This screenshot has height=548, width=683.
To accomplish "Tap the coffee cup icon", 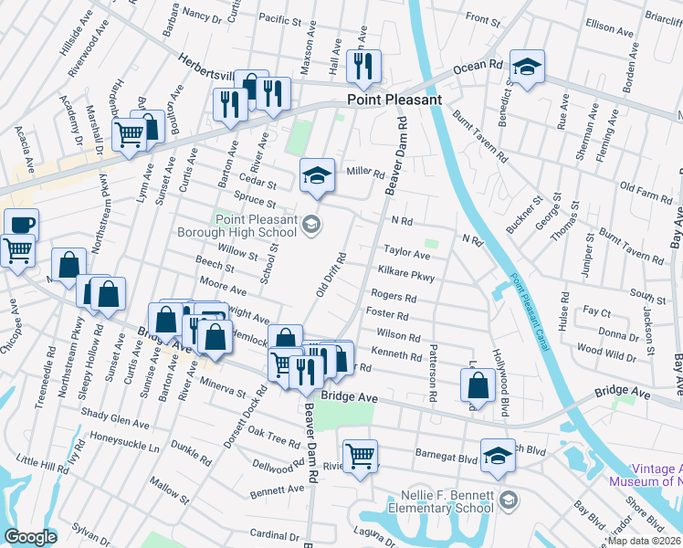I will tap(21, 224).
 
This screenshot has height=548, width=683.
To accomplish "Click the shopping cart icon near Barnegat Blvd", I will tap(361, 455).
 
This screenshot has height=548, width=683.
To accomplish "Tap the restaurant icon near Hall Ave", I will tap(364, 66).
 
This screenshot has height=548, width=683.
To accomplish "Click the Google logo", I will tap(30, 537).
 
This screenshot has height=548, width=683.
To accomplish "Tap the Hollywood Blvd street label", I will tap(499, 384).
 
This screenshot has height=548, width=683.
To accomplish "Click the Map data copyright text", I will tap(646, 541).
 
